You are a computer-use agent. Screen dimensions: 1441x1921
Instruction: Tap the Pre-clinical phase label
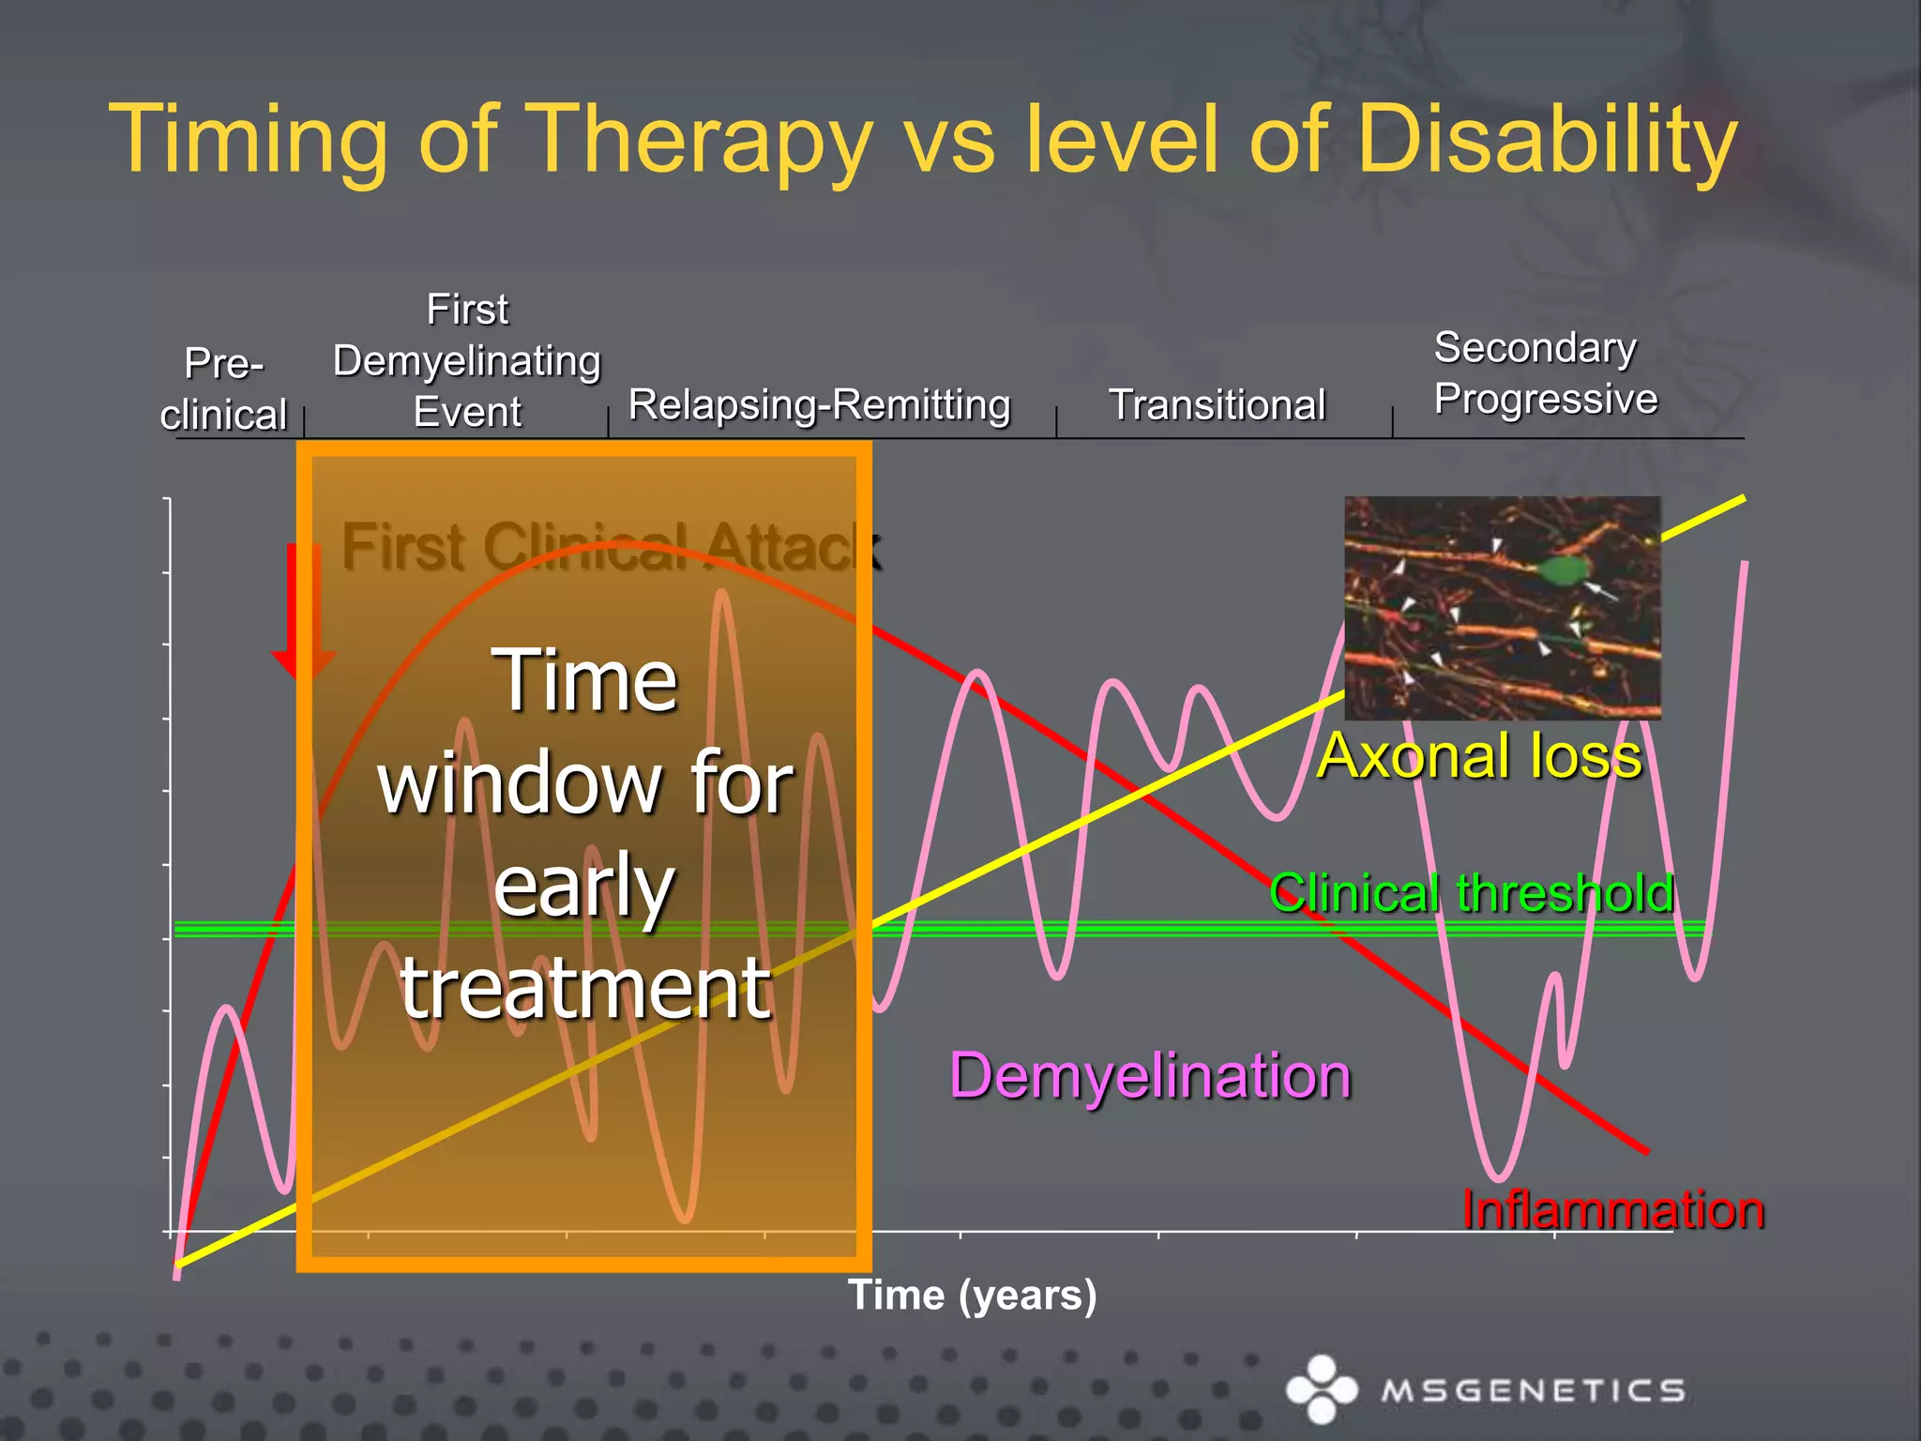[223, 388]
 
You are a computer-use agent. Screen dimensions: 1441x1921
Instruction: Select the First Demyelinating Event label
[467, 360]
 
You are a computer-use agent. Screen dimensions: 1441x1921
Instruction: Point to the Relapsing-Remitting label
[819, 405]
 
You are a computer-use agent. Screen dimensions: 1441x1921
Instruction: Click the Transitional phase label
[1217, 405]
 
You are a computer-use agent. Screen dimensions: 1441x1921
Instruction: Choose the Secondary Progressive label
[1545, 373]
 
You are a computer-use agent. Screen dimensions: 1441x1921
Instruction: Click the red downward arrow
[303, 610]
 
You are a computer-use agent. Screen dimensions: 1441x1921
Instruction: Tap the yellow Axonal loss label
[1479, 756]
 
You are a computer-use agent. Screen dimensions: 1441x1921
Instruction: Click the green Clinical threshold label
[1471, 892]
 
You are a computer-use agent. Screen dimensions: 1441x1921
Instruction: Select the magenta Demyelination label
[1150, 1075]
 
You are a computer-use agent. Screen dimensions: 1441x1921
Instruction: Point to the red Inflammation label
[1612, 1209]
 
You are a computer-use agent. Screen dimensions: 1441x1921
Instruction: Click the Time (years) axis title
[972, 1296]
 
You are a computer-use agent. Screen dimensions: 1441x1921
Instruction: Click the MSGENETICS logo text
[1533, 1390]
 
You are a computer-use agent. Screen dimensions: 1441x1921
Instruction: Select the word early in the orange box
[583, 887]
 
